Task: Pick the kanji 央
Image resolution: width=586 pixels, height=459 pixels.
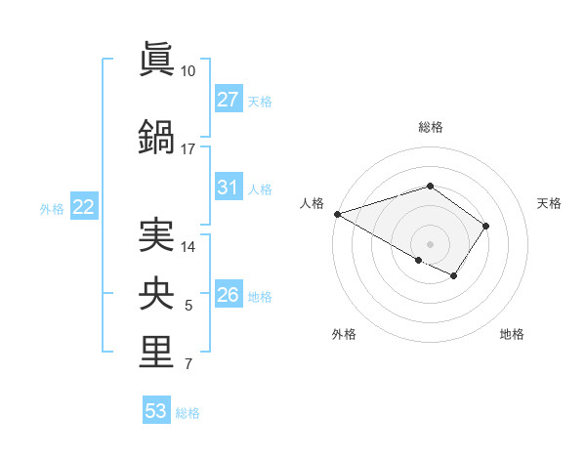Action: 156,294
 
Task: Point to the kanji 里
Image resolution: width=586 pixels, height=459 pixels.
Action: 156,353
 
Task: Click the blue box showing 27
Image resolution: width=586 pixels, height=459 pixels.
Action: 228,100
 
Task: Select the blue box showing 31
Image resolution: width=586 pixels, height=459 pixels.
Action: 228,188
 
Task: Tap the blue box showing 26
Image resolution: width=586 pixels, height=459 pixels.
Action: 228,295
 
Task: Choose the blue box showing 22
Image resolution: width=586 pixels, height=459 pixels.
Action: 83,207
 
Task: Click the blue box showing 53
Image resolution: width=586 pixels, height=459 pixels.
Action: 155,411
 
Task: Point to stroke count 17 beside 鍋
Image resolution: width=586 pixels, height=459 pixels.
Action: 188,149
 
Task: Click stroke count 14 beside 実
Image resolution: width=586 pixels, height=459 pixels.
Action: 188,247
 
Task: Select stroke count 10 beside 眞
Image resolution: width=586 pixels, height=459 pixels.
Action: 188,71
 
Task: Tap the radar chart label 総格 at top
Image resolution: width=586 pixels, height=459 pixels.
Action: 430,127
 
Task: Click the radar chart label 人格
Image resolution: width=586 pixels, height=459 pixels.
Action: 313,203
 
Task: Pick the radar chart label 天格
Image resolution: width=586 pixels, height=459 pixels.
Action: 550,203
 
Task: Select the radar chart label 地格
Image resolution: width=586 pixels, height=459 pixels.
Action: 512,335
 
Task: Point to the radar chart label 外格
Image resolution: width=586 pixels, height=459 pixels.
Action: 344,335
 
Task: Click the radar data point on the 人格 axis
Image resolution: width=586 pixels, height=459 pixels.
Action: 337,213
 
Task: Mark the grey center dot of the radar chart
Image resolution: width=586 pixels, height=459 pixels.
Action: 430,243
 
